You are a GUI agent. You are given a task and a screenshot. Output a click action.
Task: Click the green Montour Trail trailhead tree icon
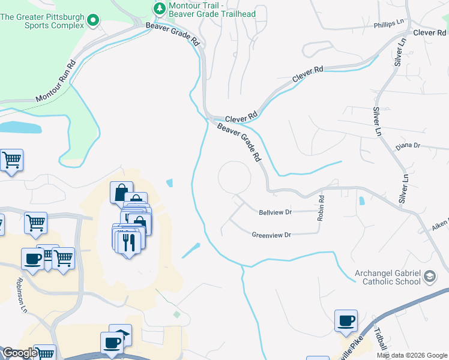pos(159,8)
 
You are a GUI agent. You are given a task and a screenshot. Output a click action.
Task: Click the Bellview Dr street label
pos(275,212)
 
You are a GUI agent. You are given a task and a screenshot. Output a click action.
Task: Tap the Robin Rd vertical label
pos(322,206)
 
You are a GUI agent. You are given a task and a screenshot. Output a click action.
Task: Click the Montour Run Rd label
pos(56,81)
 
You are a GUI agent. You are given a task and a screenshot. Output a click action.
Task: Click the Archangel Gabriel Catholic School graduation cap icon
pos(430,277)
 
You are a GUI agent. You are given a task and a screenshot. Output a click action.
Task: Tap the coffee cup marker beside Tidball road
pos(346,320)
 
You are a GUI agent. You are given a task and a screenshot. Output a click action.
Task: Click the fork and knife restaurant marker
pos(129,242)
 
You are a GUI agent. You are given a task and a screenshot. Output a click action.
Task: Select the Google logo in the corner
pos(19,353)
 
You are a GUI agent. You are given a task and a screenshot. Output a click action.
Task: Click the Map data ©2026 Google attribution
pos(412,355)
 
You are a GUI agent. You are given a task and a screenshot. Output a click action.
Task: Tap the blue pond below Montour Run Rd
pos(20,127)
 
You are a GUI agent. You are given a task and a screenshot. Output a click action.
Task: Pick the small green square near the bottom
pos(176,314)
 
